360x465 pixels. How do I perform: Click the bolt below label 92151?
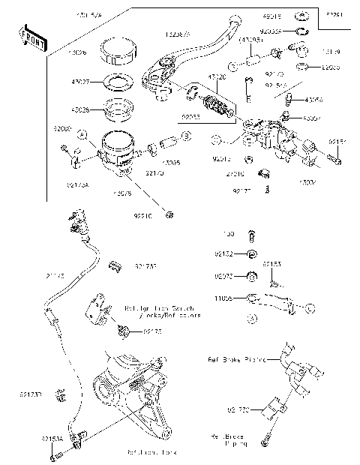pos(333,158)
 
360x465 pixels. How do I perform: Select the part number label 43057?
pos(311,118)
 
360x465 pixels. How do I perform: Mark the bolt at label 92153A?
pos(53,454)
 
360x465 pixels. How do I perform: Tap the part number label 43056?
pos(313,99)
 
